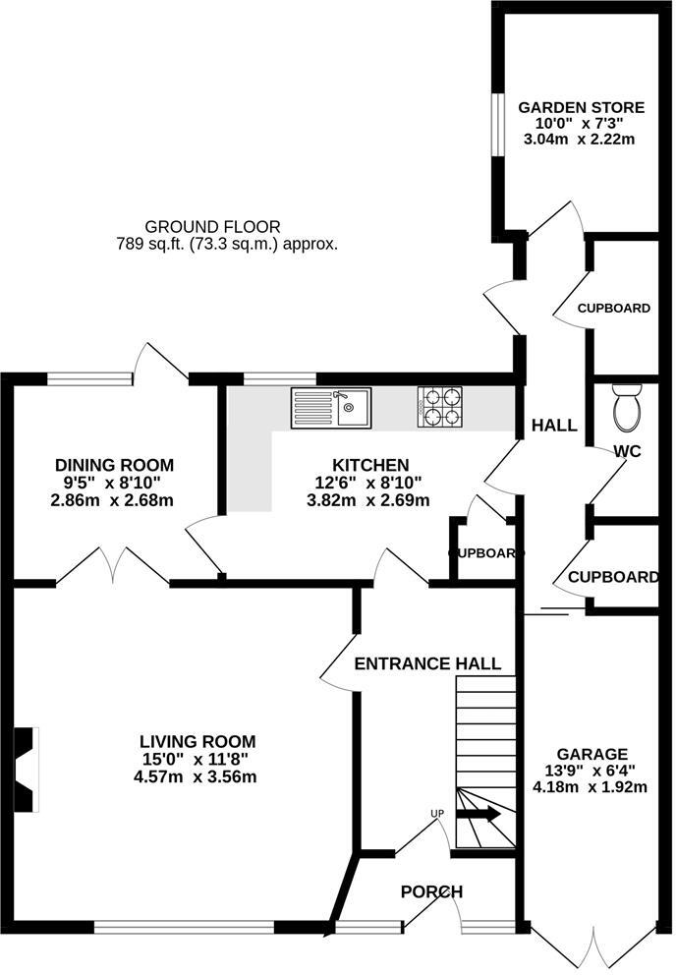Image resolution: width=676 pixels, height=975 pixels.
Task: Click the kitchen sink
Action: (x=331, y=407)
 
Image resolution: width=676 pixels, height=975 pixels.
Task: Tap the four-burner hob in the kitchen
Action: (x=440, y=408)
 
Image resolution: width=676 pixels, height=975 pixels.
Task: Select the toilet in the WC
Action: (x=626, y=407)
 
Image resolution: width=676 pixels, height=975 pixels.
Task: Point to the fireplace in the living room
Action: (x=28, y=770)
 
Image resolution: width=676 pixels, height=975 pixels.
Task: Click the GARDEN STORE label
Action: (x=582, y=107)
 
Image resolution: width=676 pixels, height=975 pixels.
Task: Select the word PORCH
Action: (x=431, y=891)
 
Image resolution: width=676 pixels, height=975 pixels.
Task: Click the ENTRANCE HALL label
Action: (x=427, y=663)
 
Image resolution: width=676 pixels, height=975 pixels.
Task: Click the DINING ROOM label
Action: (x=114, y=465)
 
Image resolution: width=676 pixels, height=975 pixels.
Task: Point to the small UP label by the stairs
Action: (x=437, y=813)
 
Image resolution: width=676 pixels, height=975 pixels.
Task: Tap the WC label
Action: (x=628, y=451)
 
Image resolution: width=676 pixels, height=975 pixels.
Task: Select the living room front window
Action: (x=184, y=926)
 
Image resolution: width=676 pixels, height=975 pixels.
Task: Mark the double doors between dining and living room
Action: (x=114, y=568)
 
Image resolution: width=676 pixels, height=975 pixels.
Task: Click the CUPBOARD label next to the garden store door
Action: (x=613, y=308)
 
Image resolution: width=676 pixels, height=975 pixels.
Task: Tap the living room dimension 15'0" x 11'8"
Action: (x=197, y=758)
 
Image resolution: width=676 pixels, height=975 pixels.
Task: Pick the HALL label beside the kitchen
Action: (x=554, y=426)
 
